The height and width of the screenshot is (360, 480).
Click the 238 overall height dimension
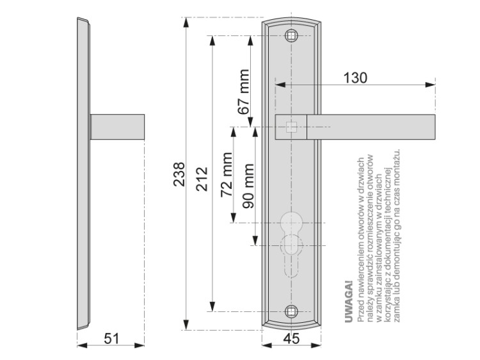pos(179,174)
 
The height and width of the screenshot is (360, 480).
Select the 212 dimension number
pos(202,179)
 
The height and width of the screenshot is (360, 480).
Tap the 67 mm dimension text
pos(244,92)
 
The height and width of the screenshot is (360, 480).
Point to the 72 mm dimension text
pos(227,175)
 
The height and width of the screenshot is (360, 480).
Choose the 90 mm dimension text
pos(248,186)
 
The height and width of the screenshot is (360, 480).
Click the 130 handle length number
pos(355,78)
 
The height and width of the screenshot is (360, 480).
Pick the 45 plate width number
pos(291,339)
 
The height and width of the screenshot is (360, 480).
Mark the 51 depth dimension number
pos(111,339)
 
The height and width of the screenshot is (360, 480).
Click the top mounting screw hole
pos(291,36)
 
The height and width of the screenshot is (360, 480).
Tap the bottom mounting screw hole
pos(291,311)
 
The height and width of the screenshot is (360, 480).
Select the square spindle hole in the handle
pos(291,127)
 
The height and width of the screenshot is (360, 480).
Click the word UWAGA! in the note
pos(349,302)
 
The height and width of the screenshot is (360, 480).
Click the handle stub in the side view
pos(117,127)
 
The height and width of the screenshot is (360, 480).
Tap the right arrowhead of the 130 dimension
pos(430,85)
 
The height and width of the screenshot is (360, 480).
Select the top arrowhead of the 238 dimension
pos(186,22)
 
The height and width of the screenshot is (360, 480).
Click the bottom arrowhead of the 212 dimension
pos(212,306)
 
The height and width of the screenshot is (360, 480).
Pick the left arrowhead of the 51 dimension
pos(83,345)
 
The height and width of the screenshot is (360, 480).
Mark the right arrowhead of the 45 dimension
pos(316,345)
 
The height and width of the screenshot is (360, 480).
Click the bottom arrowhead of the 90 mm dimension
pos(255,240)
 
